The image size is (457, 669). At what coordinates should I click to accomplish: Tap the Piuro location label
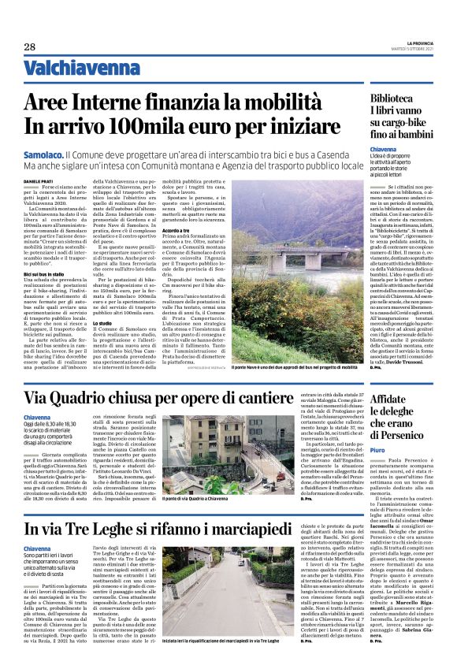(380, 472)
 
